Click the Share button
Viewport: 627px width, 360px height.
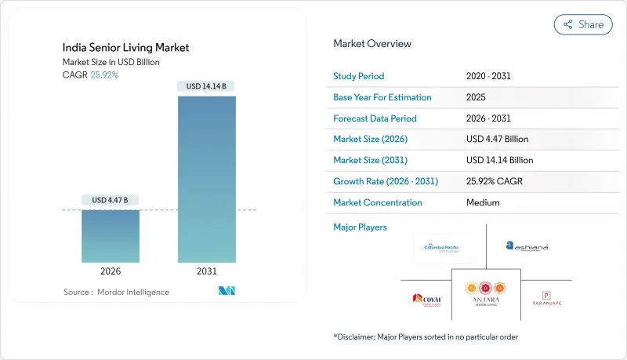[583, 24]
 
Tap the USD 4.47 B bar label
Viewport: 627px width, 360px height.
[111, 200]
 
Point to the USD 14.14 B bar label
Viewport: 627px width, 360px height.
[206, 86]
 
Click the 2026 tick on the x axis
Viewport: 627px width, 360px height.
[111, 271]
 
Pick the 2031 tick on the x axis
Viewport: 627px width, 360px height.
[206, 271]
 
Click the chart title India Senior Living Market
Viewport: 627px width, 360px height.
[126, 48]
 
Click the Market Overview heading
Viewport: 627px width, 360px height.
[372, 44]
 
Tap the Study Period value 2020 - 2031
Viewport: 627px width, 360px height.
[490, 77]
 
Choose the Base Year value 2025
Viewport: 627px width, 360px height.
[476, 98]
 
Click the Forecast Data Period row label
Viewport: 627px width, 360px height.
[375, 118]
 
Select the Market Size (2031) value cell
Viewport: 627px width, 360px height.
[498, 160]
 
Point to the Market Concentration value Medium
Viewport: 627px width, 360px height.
[482, 202]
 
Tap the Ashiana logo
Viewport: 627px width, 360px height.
[527, 246]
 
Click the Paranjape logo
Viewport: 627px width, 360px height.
[547, 298]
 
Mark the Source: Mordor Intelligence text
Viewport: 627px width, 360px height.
[116, 292]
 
